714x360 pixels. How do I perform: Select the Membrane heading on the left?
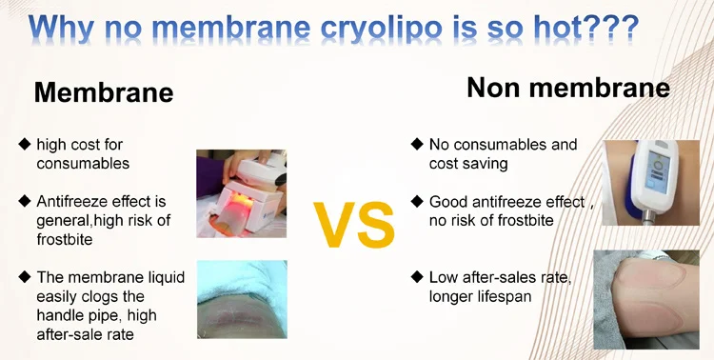click(x=104, y=92)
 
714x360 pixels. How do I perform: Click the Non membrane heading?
click(x=568, y=88)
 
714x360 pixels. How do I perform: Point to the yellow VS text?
click(x=354, y=225)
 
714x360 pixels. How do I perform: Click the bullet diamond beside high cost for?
click(x=24, y=145)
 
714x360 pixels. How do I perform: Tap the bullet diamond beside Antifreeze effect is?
click(x=24, y=201)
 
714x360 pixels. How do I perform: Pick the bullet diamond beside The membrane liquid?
click(x=24, y=276)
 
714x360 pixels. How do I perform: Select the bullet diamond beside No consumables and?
click(x=417, y=145)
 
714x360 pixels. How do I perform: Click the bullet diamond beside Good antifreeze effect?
click(x=417, y=201)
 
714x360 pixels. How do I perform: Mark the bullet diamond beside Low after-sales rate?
click(x=417, y=276)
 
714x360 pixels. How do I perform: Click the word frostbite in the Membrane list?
click(x=65, y=239)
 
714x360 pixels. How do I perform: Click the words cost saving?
click(x=468, y=164)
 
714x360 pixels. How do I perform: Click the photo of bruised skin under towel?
click(x=242, y=299)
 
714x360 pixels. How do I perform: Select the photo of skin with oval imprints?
click(x=646, y=299)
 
